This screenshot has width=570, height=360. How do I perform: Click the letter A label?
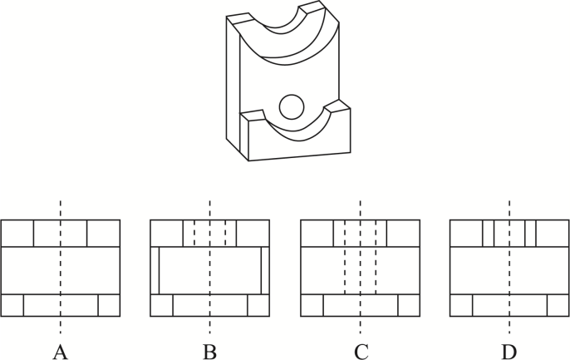[60, 352]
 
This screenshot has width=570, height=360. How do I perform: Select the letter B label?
[209, 352]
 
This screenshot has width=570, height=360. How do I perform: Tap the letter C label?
[360, 352]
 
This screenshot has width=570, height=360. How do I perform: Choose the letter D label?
[509, 352]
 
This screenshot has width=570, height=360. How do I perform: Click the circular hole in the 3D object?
[291, 106]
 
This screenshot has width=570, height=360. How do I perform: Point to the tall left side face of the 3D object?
[233, 83]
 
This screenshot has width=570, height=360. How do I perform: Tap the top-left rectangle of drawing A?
[17, 234]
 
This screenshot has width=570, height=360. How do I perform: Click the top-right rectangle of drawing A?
[103, 234]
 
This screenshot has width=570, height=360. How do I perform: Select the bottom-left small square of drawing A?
[12, 305]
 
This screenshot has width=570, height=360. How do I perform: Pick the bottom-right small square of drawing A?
[109, 305]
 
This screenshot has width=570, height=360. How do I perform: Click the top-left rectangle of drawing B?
[166, 234]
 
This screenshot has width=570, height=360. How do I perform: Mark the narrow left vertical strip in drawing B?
[155, 270]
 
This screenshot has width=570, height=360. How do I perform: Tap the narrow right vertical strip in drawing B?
[265, 270]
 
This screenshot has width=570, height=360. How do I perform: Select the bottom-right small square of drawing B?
[258, 305]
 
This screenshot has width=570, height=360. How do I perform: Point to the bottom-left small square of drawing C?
[312, 305]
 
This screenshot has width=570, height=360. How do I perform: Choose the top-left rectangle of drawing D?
[465, 234]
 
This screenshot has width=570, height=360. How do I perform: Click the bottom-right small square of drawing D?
[558, 305]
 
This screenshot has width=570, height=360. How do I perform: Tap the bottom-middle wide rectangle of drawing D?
[509, 305]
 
